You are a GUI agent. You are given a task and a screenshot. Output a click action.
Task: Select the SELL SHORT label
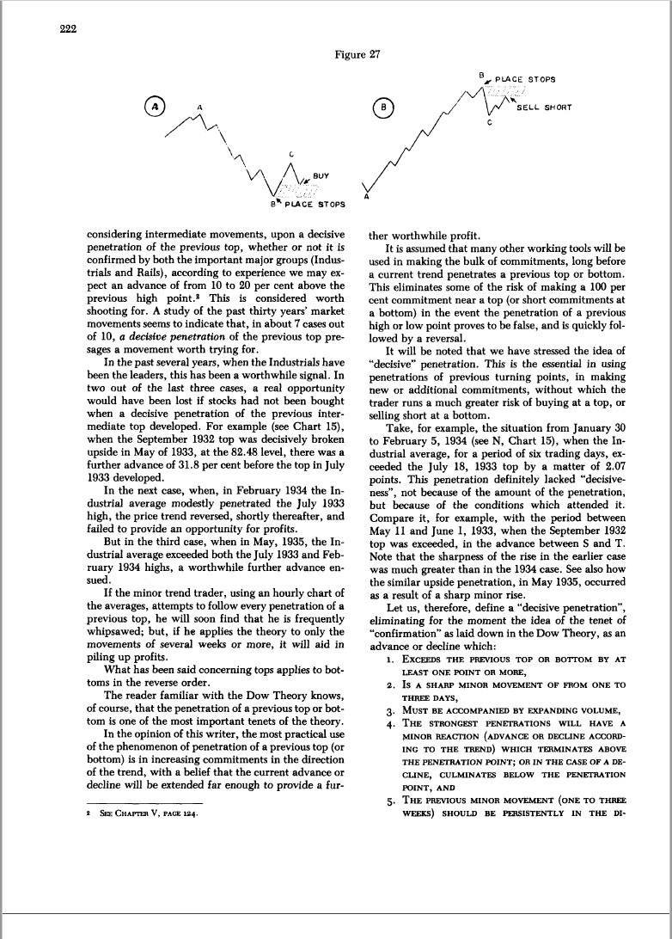(543, 107)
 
